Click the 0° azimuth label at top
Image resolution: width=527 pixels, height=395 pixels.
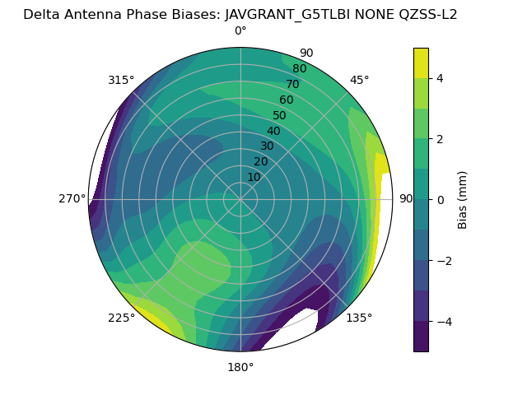click(240, 31)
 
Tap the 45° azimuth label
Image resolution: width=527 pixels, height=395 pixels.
click(359, 80)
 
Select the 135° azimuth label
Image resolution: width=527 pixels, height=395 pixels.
click(359, 318)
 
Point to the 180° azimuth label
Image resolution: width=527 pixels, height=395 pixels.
click(240, 367)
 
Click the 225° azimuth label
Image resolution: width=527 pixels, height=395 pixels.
click(121, 318)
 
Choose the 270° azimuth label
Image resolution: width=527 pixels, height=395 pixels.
click(72, 199)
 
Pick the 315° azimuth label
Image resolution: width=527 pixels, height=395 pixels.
click(121, 80)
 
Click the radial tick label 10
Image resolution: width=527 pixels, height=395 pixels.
click(254, 177)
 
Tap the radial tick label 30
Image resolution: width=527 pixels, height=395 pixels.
click(267, 146)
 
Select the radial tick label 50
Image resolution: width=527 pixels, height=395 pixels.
click(280, 115)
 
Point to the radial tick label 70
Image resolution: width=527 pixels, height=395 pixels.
click(292, 84)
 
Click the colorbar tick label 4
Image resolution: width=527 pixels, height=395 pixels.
click(441, 78)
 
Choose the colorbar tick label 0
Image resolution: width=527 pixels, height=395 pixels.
click(441, 199)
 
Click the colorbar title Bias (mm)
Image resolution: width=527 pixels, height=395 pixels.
click(463, 199)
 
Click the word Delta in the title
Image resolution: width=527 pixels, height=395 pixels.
click(40, 14)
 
